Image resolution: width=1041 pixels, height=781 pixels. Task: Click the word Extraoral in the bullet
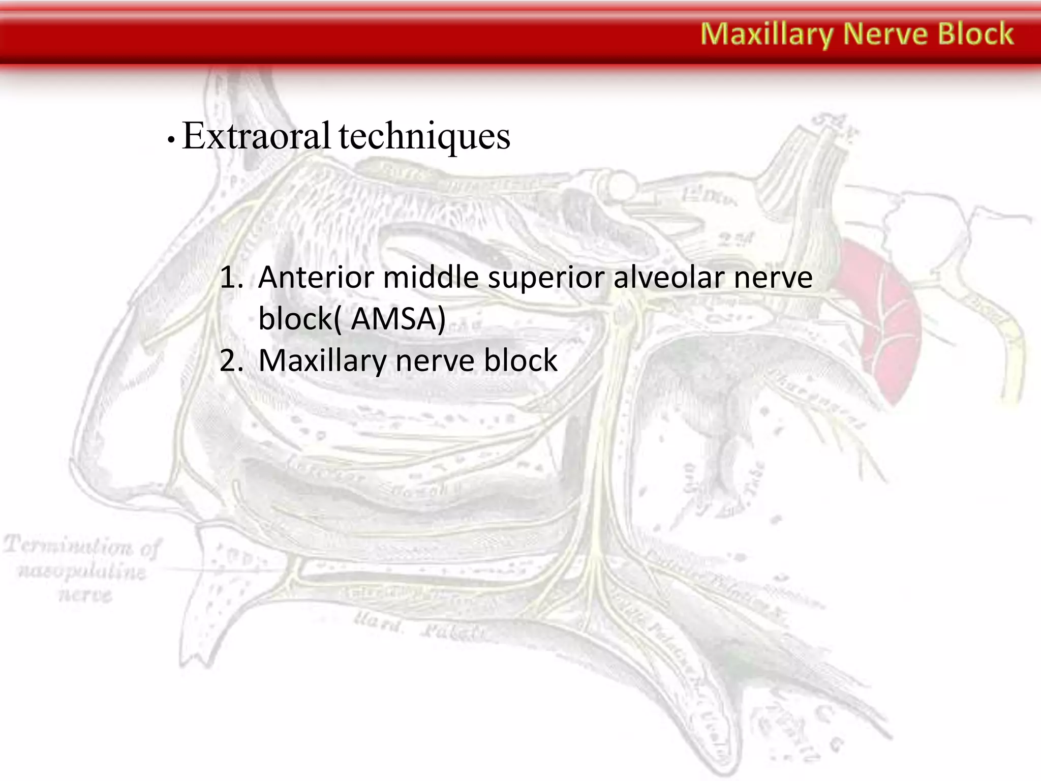point(256,136)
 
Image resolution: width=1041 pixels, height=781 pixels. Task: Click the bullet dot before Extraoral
point(171,140)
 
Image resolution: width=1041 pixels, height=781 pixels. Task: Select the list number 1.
point(231,278)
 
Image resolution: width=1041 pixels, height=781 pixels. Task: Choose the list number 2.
point(231,361)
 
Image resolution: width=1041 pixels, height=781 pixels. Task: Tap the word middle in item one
point(430,278)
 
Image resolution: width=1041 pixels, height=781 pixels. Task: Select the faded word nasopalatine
point(81,572)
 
